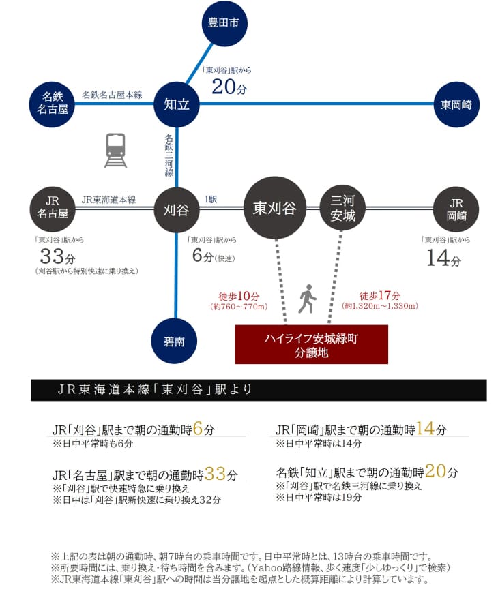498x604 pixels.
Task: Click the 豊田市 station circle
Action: point(224,23)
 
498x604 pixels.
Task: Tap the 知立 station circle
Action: point(177,104)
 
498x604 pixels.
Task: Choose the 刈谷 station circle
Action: point(177,209)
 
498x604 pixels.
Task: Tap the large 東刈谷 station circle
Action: point(275,208)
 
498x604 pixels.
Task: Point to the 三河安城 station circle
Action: point(342,208)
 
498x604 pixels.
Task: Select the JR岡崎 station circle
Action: point(456,208)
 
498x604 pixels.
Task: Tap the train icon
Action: point(115,150)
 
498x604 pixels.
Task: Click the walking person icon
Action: point(308,299)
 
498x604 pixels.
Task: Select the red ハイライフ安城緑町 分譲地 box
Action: point(310,345)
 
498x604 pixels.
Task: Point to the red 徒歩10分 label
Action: point(239,297)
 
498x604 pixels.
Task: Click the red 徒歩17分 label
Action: point(379,297)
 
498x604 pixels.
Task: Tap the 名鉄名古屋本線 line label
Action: point(112,95)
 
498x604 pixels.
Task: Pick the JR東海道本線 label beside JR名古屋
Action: point(108,200)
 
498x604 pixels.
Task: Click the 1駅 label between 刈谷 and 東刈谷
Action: point(211,200)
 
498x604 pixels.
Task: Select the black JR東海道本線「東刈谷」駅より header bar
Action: point(259,390)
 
